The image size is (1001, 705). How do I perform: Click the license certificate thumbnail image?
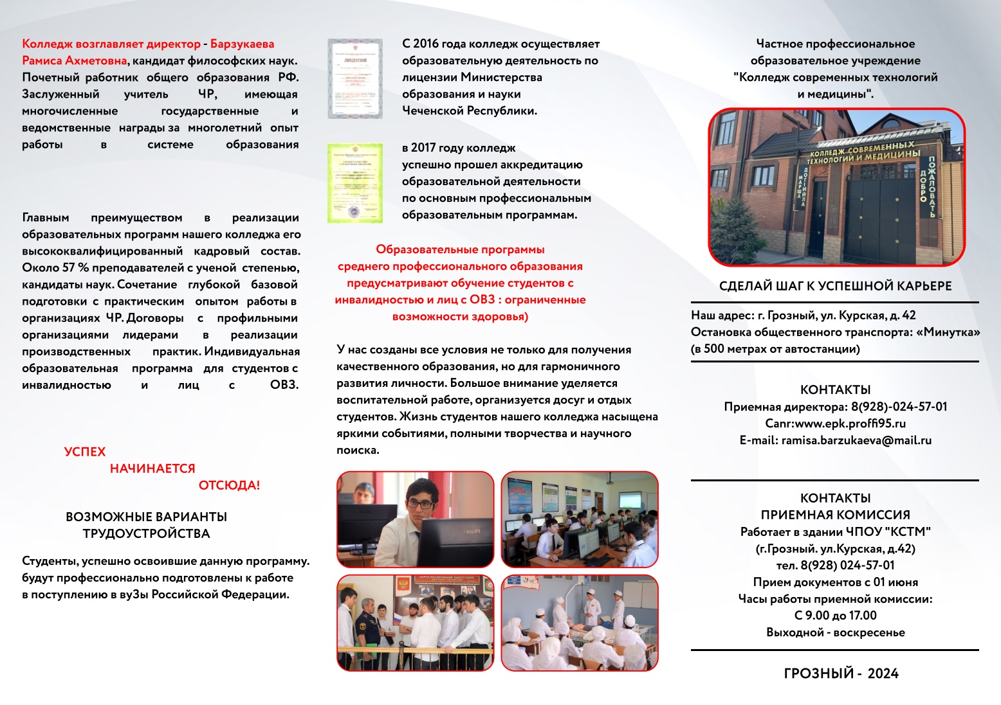354,78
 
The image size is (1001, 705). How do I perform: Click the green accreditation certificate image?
354,183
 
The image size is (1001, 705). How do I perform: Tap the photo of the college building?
836,187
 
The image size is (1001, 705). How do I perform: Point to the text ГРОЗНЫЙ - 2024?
841,674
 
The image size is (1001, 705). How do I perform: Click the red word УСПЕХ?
85,452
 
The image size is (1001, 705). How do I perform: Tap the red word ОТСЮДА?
229,485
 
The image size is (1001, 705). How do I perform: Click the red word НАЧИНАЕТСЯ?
152,469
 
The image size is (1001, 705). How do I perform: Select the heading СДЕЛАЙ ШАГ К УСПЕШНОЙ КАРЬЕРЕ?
835,286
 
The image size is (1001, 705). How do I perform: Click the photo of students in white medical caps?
580,623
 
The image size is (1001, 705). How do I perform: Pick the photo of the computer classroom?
580,519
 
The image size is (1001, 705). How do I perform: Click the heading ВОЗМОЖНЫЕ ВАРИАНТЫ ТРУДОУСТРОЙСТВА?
146,525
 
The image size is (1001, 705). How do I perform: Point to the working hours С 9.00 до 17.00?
835,616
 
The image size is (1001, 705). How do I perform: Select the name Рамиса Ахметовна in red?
74,61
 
